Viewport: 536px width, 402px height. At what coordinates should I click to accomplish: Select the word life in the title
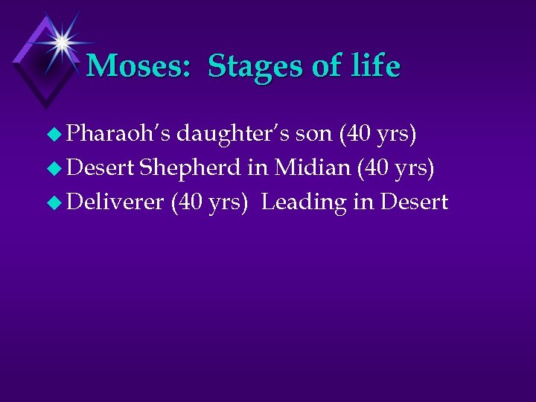coord(375,66)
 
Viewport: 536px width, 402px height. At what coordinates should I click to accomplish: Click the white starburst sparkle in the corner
coord(61,42)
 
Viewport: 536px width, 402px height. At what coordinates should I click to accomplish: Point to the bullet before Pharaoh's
coord(53,135)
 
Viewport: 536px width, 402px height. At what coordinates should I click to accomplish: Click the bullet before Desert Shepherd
coord(53,168)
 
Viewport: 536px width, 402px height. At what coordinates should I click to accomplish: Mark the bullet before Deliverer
coord(53,202)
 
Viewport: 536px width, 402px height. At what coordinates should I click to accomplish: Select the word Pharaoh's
coord(118,134)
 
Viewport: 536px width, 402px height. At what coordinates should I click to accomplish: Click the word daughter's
coord(232,134)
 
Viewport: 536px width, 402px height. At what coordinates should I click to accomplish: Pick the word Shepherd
coord(190,167)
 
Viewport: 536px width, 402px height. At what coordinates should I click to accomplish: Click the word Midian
coord(313,167)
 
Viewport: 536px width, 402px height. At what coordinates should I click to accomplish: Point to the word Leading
coord(304,201)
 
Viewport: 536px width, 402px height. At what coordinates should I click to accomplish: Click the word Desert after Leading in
coord(414,201)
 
